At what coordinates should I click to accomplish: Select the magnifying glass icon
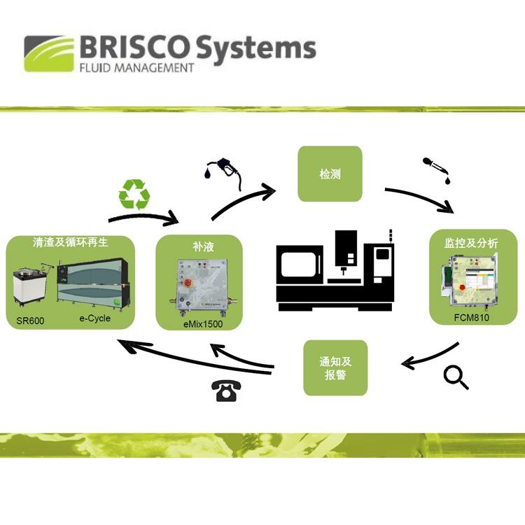click(456, 378)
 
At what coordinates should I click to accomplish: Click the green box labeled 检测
click(330, 174)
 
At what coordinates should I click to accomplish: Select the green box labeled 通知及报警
click(335, 367)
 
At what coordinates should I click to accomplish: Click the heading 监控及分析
click(472, 243)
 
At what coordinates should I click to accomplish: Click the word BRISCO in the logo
click(134, 47)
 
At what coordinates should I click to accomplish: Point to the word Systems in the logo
click(255, 48)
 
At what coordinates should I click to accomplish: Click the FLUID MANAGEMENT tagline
click(136, 68)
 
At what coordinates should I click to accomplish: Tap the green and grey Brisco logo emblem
click(49, 54)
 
